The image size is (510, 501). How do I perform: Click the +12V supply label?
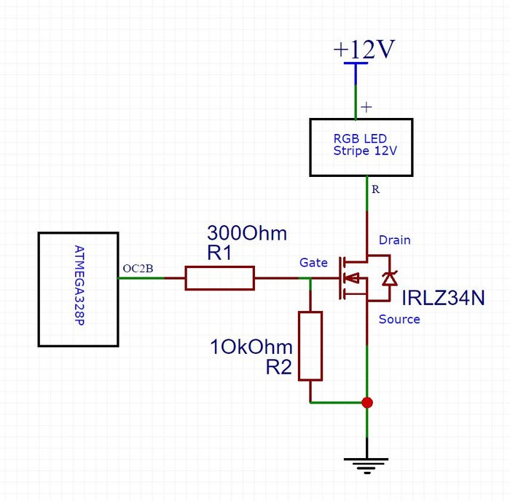coord(364,50)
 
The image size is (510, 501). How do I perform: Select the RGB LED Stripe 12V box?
coord(361,147)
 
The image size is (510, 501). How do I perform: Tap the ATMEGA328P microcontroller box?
coord(78,289)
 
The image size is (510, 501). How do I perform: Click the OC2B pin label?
coord(138,269)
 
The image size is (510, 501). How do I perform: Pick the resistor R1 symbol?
coord(219,278)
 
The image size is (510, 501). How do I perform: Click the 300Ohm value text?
coord(247,234)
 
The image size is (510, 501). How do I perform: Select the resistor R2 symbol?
coord(310,345)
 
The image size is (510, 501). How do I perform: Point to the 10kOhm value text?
coord(251,347)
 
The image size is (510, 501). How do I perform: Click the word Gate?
coord(313,262)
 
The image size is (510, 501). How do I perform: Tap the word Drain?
coord(394,240)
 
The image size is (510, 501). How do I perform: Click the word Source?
coord(399,319)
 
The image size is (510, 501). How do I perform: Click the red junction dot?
coord(367,402)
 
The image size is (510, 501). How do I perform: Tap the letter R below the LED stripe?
coord(375,189)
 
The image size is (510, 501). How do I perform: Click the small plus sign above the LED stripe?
coord(366,106)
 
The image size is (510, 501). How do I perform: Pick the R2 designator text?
coord(278,368)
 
